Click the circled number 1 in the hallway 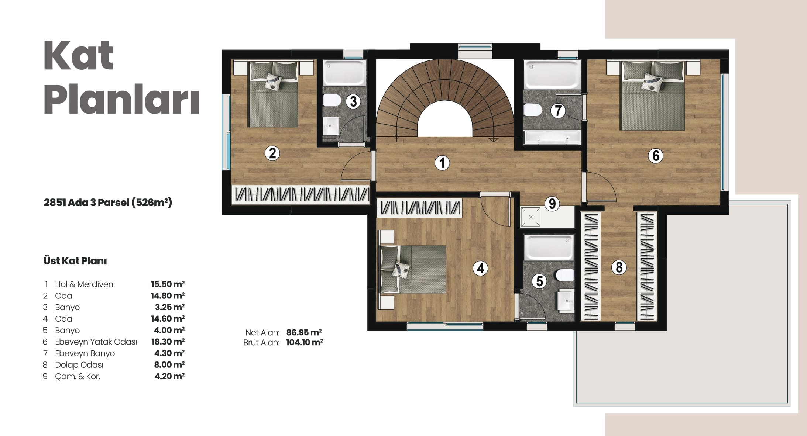tap(442, 163)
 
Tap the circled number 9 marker tap(552, 204)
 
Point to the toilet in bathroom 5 tap(565, 275)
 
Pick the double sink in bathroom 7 tap(552, 137)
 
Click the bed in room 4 tap(413, 269)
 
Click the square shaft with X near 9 tap(530, 217)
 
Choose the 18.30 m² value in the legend tap(168, 342)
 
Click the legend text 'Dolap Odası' tap(79, 365)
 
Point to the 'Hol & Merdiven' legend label tap(84, 284)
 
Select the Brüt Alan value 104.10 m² tap(305, 342)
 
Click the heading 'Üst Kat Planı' tap(75, 261)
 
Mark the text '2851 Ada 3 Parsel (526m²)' tap(108, 203)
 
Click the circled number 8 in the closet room tap(619, 267)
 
